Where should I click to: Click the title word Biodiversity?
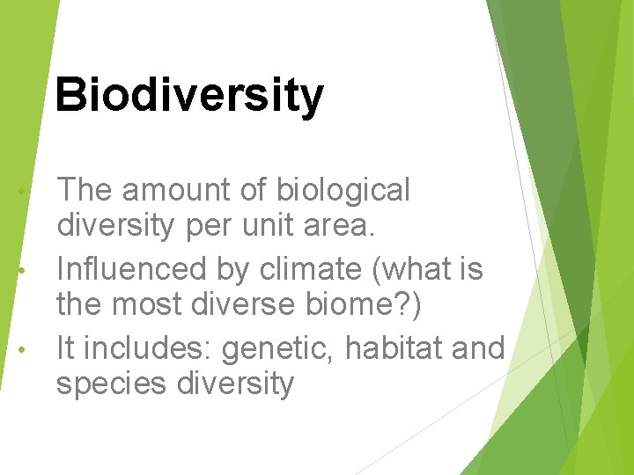click(188, 95)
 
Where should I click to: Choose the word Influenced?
click(131, 268)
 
